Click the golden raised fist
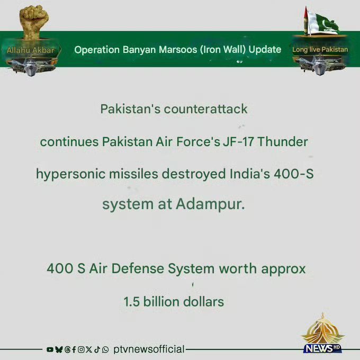tap(34, 22)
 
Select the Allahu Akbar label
tap(31, 50)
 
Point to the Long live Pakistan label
tap(320, 50)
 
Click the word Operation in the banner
tap(97, 50)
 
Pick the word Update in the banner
tap(265, 50)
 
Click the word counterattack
tap(205, 109)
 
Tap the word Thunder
tap(283, 142)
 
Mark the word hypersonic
tap(71, 174)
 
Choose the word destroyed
tap(194, 174)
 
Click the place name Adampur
tap(210, 204)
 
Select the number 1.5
tap(131, 302)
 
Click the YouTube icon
tap(50, 349)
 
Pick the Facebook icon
tap(74, 349)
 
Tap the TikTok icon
tap(97, 349)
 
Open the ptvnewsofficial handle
tap(149, 349)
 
